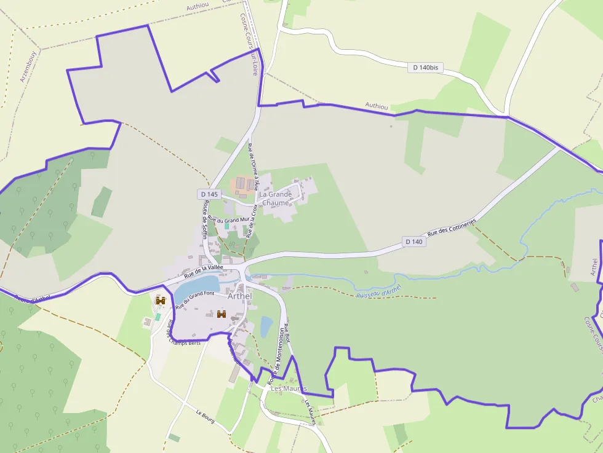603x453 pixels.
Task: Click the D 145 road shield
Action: click(209, 194)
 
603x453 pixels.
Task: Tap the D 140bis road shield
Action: click(425, 67)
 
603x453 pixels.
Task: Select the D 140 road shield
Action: click(414, 242)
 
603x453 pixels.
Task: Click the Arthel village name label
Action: click(240, 296)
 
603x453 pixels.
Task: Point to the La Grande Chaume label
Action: click(276, 199)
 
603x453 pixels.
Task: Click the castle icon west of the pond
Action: click(161, 301)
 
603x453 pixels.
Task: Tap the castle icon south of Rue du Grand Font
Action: click(222, 315)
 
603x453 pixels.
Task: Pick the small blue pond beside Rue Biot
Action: click(266, 326)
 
